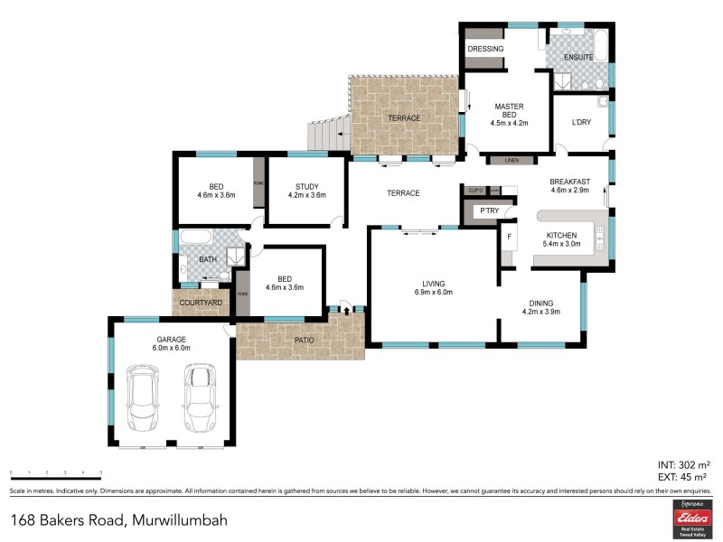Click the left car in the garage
(143, 398)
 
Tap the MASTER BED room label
(509, 107)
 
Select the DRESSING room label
(485, 48)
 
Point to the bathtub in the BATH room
(195, 238)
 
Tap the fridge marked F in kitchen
(510, 238)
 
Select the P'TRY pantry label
(489, 211)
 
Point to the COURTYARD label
(202, 303)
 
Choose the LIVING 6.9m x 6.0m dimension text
(433, 292)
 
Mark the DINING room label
(541, 303)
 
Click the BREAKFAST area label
(569, 181)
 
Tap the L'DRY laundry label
(581, 123)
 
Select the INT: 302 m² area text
(681, 463)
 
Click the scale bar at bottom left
(56, 474)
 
